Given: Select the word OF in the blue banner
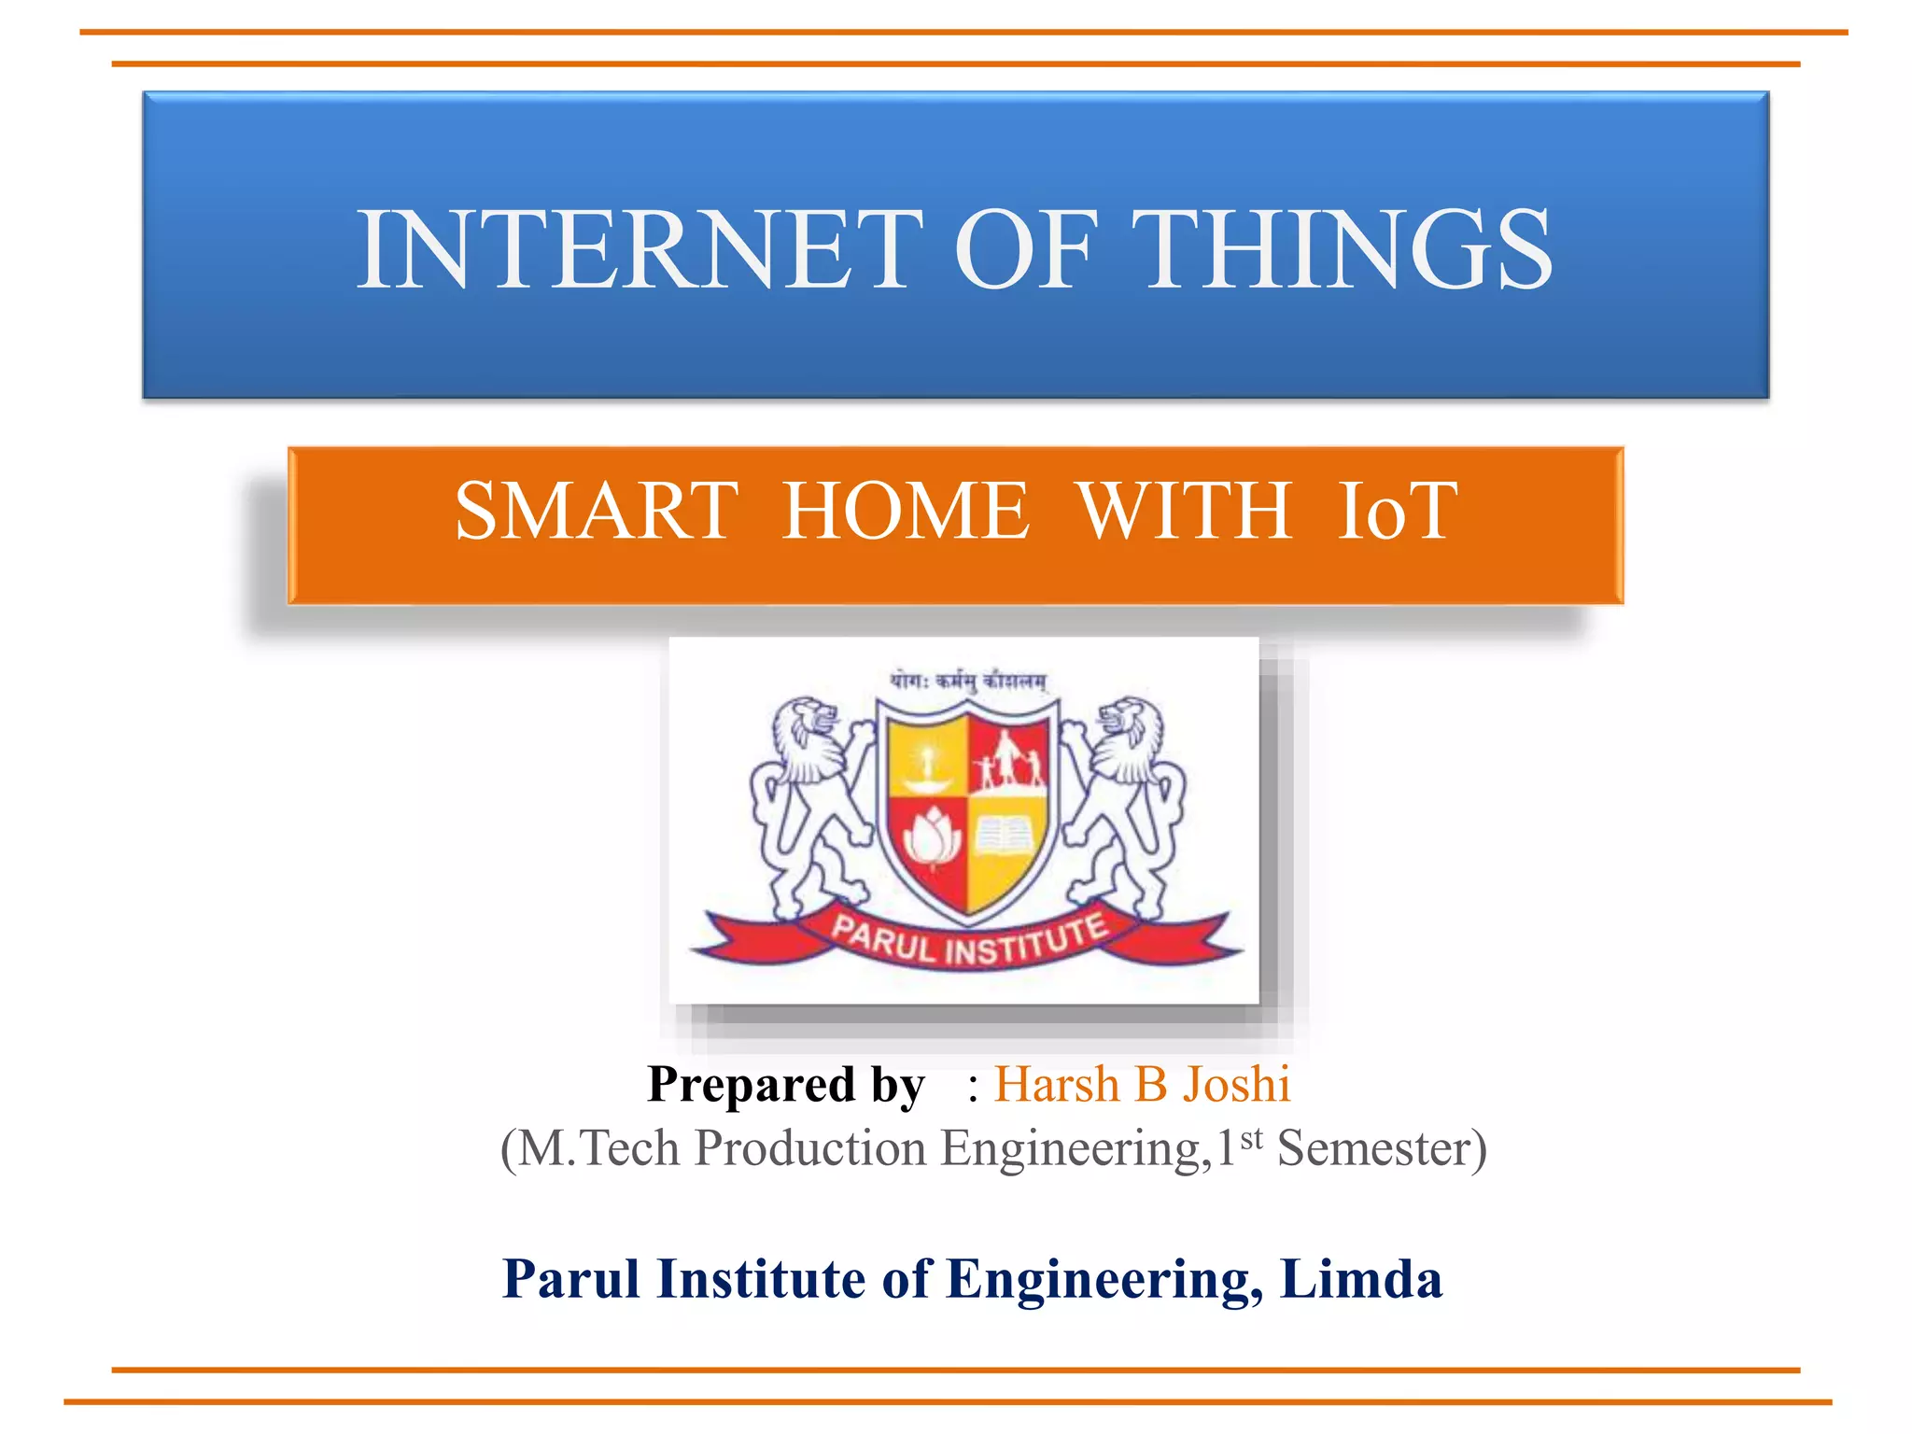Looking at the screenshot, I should tap(1024, 249).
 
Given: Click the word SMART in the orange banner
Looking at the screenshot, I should tap(597, 511).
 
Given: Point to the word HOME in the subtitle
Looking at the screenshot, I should tap(906, 511).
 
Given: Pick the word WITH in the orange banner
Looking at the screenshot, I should tap(1184, 511).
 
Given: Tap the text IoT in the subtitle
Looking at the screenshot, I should tap(1396, 511).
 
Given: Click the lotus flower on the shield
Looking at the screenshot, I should tap(931, 837).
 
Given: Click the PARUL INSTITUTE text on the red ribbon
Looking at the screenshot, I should tap(969, 939).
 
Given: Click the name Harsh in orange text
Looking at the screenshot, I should tap(1056, 1085).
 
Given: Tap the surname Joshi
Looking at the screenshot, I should tap(1236, 1085).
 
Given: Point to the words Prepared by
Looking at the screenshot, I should tap(786, 1086).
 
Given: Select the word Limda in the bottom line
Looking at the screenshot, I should tap(1361, 1279).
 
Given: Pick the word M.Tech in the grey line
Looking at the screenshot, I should tap(598, 1148).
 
